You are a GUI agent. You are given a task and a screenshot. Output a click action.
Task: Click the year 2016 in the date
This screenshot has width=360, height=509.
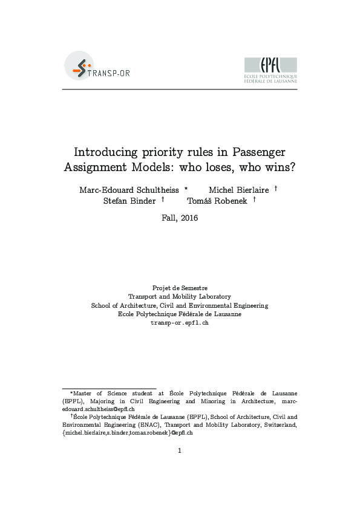189,218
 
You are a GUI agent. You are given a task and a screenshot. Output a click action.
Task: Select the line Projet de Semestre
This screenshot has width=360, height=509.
180,288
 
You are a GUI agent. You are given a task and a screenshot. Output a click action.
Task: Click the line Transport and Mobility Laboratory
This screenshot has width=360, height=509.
180,297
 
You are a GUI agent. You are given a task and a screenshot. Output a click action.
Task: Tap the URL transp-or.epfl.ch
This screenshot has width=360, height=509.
180,323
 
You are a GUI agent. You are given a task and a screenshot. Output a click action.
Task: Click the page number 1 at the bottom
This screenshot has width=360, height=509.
180,450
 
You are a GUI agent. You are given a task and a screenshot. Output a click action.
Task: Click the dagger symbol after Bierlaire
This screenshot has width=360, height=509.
275,188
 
